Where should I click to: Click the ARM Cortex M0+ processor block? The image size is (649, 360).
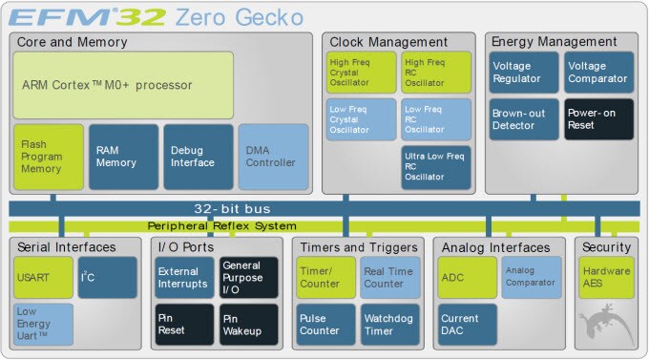click(x=123, y=85)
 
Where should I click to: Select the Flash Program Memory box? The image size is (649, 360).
click(x=48, y=157)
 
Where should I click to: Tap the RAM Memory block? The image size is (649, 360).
click(x=123, y=157)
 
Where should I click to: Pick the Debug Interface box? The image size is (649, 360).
click(x=198, y=157)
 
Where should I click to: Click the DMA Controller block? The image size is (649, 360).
click(x=273, y=157)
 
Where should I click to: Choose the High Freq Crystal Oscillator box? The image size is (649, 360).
click(x=361, y=72)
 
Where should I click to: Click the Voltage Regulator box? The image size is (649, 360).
click(x=523, y=72)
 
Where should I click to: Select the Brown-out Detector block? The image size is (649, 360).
click(x=523, y=119)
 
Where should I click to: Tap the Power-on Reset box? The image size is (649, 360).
click(x=597, y=119)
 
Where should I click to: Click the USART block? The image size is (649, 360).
click(x=43, y=277)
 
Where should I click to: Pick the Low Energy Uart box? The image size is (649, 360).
click(x=43, y=324)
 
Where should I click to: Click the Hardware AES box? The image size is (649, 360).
click(x=606, y=277)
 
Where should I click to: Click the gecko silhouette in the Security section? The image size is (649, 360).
click(x=611, y=325)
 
